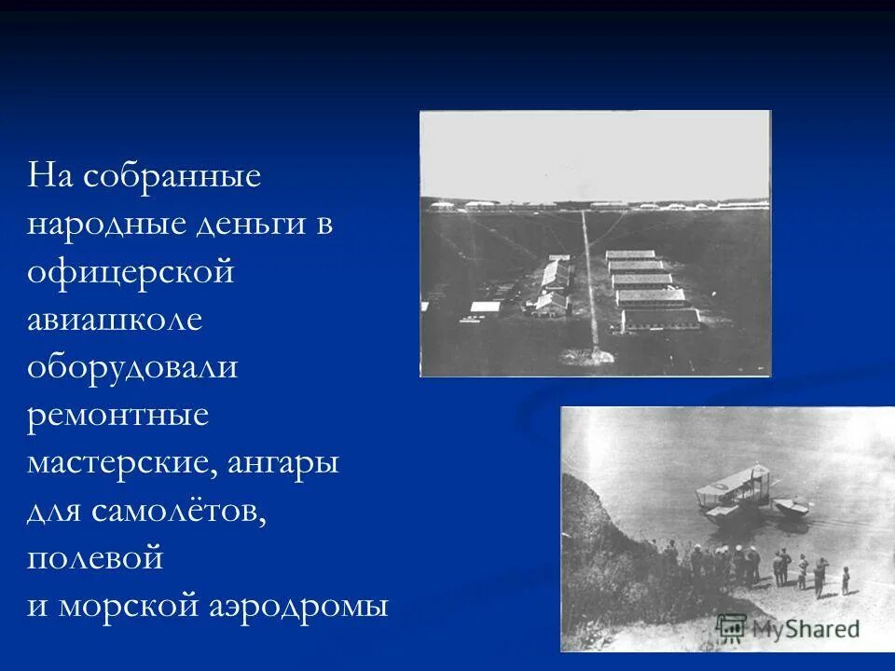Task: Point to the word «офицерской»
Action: coord(130,273)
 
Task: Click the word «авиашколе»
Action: coord(115,321)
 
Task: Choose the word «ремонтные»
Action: coord(118,417)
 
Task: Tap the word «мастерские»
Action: coord(122,464)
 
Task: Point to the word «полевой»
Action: coord(95,559)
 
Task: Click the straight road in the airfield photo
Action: coord(589,280)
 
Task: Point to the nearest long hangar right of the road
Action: coord(660,320)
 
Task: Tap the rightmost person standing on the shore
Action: coord(846,579)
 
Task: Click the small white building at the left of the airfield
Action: coord(485,306)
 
